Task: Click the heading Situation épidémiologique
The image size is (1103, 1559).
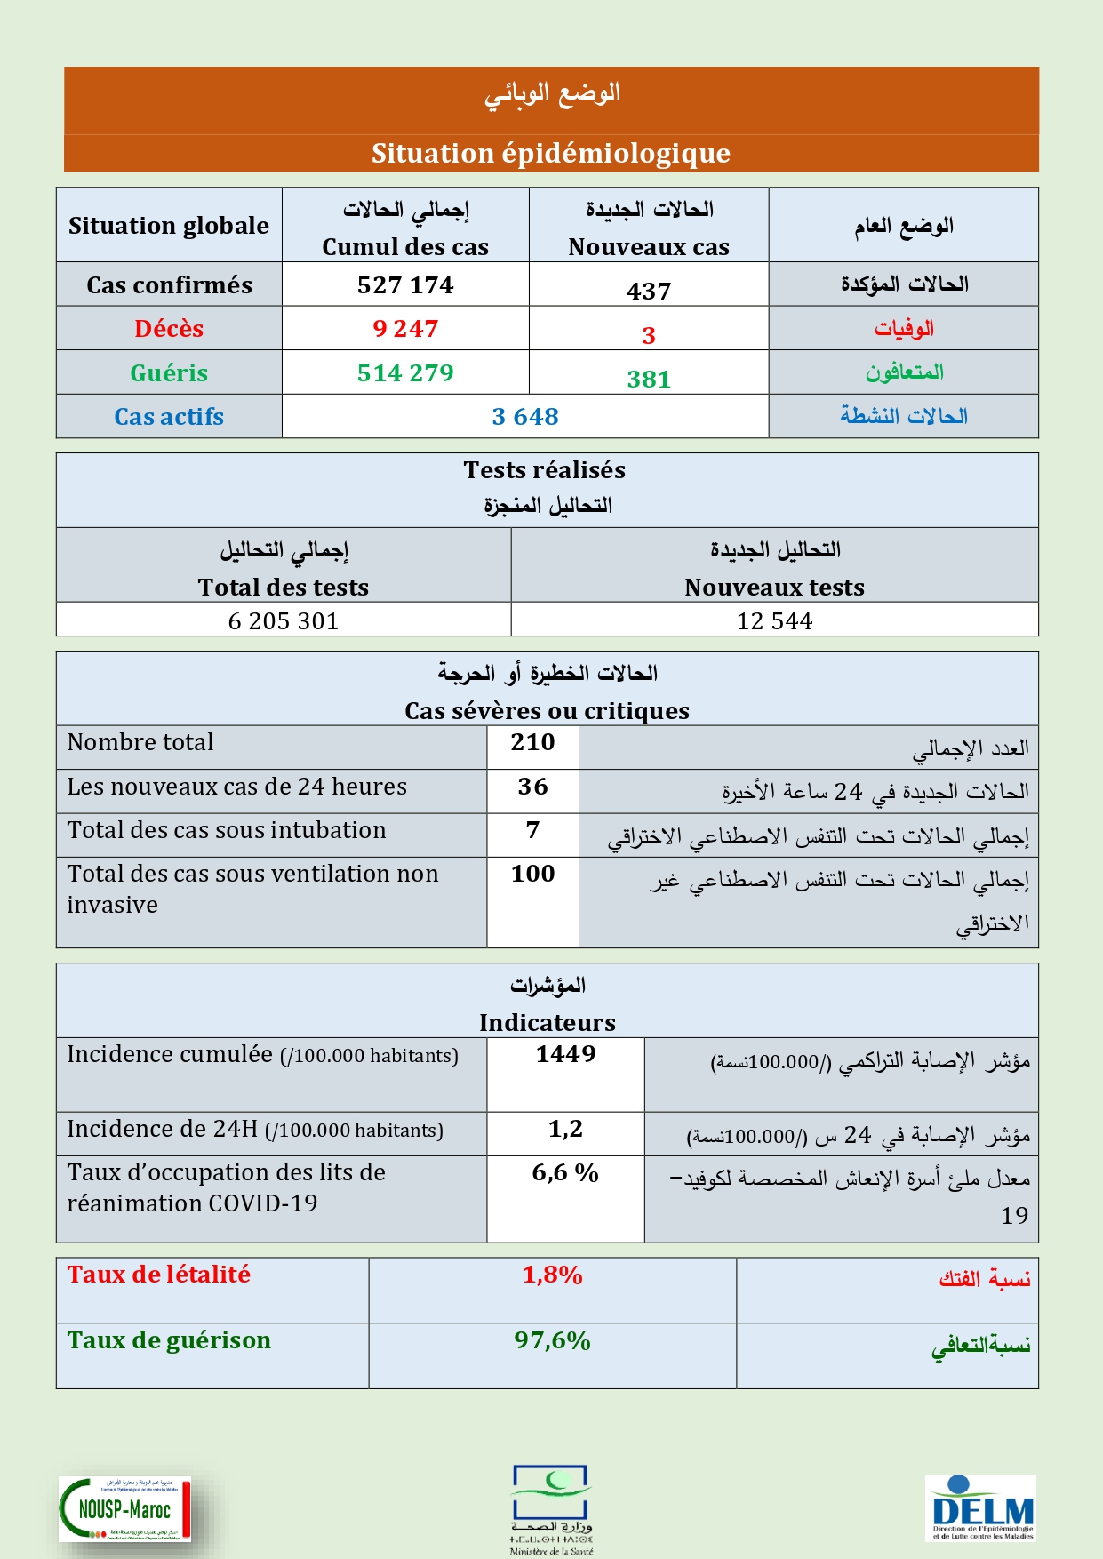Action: (x=551, y=154)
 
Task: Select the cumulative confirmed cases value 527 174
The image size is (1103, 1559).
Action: (x=405, y=285)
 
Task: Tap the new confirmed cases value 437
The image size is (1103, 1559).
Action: (x=649, y=291)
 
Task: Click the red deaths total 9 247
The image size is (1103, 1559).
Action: (x=405, y=329)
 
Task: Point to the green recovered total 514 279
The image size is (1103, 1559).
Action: (x=405, y=373)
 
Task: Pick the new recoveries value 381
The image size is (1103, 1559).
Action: (x=649, y=380)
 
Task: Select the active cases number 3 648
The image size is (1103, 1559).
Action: (x=525, y=417)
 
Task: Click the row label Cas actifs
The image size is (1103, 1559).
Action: (x=169, y=417)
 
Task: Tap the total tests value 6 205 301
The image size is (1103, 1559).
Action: (x=284, y=621)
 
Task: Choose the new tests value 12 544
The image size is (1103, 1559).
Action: (x=774, y=621)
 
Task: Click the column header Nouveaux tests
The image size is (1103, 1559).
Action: (x=774, y=588)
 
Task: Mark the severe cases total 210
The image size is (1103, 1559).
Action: (x=532, y=742)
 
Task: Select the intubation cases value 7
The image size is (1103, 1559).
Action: (x=532, y=830)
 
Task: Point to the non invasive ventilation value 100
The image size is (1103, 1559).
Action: (x=532, y=874)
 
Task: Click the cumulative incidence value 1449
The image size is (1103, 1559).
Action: (x=565, y=1054)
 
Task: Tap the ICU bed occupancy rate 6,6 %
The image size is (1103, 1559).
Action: (x=565, y=1173)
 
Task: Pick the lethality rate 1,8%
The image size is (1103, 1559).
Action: (x=552, y=1275)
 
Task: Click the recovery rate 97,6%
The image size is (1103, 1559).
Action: (x=552, y=1341)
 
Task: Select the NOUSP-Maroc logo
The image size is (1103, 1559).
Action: (x=124, y=1509)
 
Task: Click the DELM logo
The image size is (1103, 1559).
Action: (x=981, y=1507)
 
